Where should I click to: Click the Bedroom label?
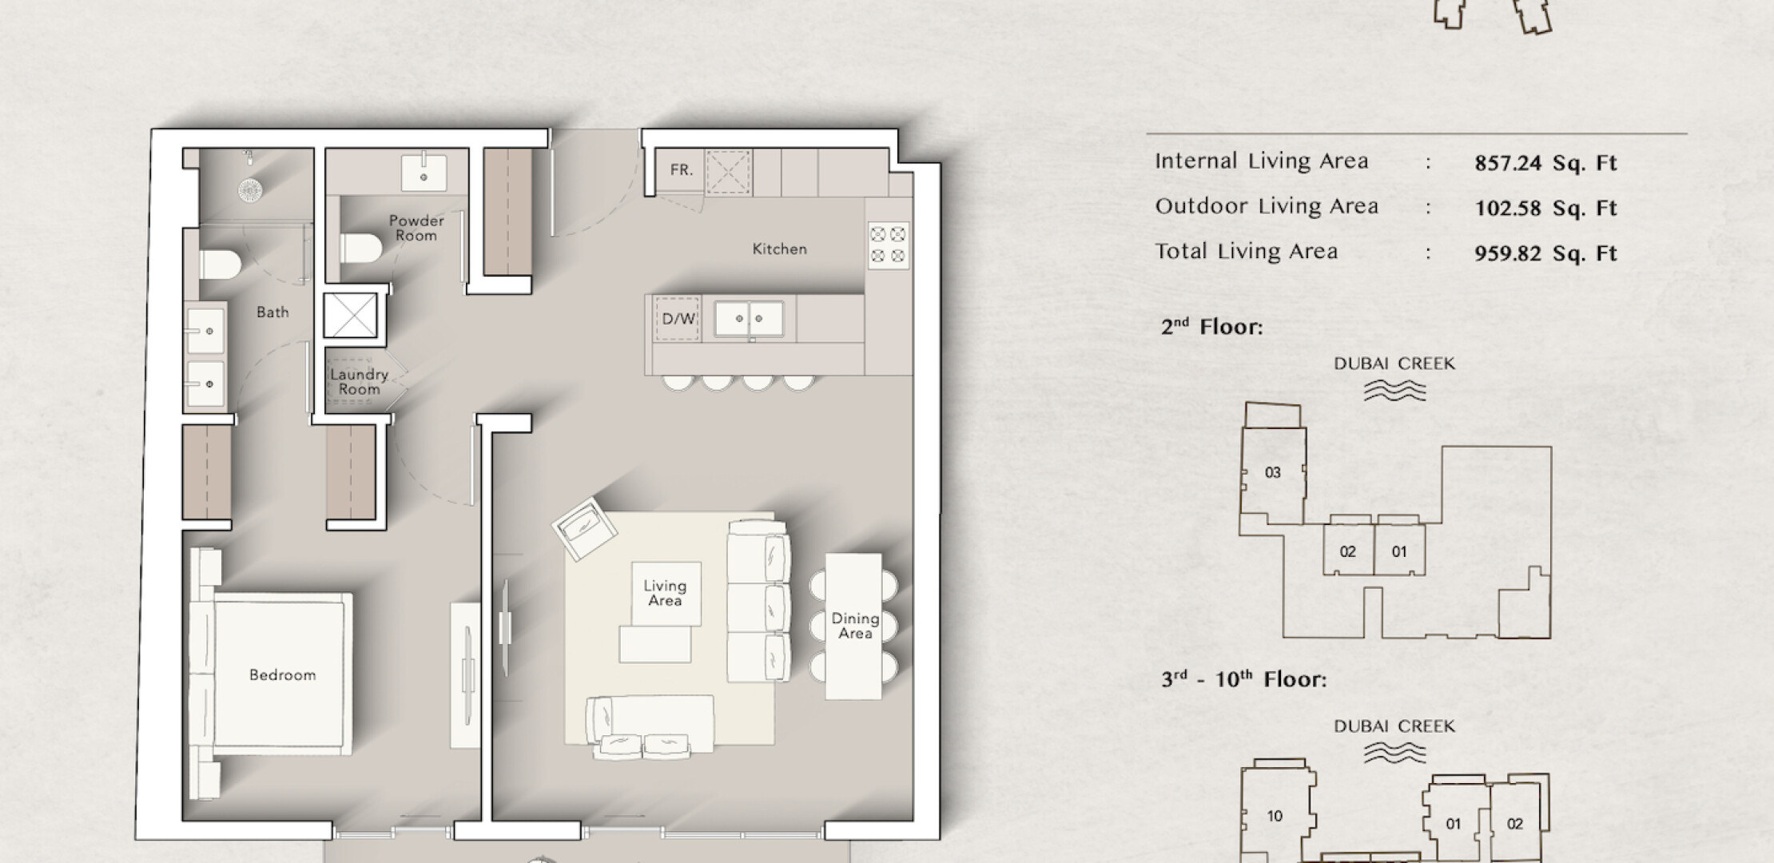pyautogui.click(x=282, y=675)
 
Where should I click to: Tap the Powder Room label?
pyautogui.click(x=416, y=228)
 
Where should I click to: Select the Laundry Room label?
pyautogui.click(x=360, y=382)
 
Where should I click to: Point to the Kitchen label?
pyautogui.click(x=780, y=249)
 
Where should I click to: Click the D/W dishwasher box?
pyautogui.click(x=678, y=319)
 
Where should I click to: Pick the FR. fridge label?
pyautogui.click(x=682, y=170)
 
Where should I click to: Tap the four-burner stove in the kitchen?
pyautogui.click(x=889, y=245)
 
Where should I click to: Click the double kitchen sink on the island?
pyautogui.click(x=749, y=318)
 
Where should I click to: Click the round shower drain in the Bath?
pyautogui.click(x=250, y=189)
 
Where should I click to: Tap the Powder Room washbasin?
pyautogui.click(x=424, y=172)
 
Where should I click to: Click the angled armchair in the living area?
pyautogui.click(x=585, y=530)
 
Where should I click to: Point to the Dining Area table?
pyautogui.click(x=853, y=626)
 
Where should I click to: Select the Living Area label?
pyautogui.click(x=665, y=594)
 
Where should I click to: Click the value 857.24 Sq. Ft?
pyautogui.click(x=1545, y=164)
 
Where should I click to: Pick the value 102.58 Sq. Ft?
pyautogui.click(x=1545, y=209)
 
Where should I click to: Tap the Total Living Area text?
pyautogui.click(x=1246, y=252)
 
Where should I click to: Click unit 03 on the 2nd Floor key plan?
pyautogui.click(x=1273, y=473)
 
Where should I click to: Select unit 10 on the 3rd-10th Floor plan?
pyautogui.click(x=1275, y=816)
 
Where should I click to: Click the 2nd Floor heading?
pyautogui.click(x=1211, y=327)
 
